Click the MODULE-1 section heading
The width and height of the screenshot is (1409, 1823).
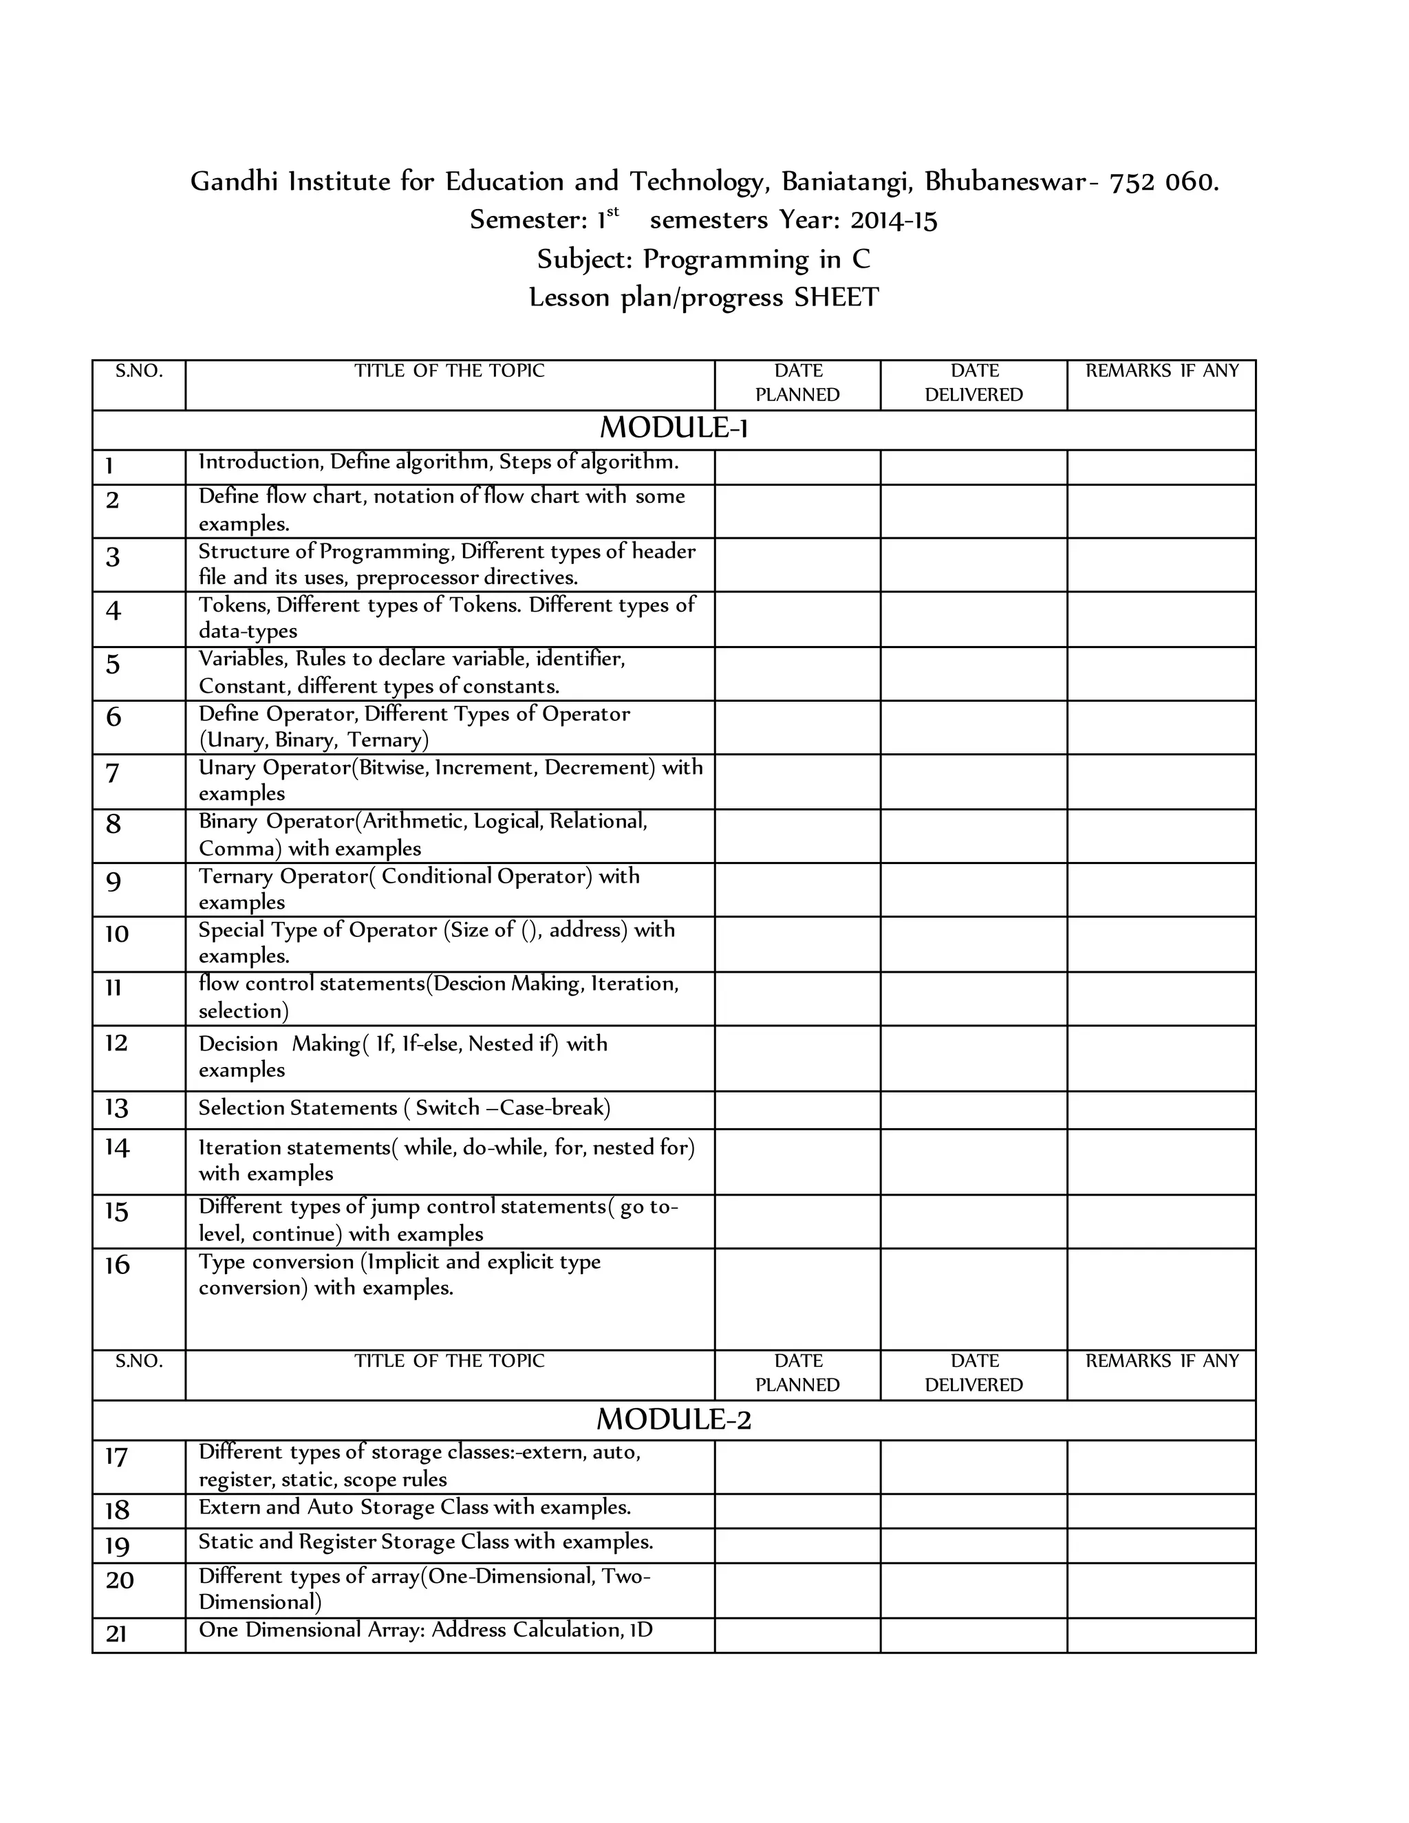coord(674,428)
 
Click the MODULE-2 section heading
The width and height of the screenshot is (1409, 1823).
coord(674,1419)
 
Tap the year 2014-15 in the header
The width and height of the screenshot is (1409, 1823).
coord(893,220)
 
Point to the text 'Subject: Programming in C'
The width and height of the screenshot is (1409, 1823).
coord(704,259)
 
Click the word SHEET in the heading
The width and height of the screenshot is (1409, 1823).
coord(837,298)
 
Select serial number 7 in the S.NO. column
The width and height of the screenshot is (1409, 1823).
coord(113,773)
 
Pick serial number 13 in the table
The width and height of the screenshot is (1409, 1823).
coord(116,1108)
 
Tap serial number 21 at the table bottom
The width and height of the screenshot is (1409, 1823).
coord(116,1632)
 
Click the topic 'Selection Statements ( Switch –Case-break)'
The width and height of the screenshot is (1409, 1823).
coord(404,1108)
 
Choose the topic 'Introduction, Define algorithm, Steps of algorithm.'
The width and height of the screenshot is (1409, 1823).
coord(438,462)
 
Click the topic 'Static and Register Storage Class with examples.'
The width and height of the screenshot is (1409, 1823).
coord(426,1542)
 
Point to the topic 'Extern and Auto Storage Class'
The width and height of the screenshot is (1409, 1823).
coord(414,1507)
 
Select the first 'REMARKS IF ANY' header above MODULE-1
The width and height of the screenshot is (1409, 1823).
coord(1161,371)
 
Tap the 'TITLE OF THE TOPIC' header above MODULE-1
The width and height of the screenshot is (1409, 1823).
coord(449,371)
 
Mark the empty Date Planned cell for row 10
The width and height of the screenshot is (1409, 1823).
coord(797,943)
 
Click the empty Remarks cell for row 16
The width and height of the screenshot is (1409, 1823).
coord(1161,1298)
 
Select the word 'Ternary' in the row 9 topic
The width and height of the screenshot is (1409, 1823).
coord(236,876)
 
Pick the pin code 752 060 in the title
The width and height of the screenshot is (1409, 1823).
coord(1163,182)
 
